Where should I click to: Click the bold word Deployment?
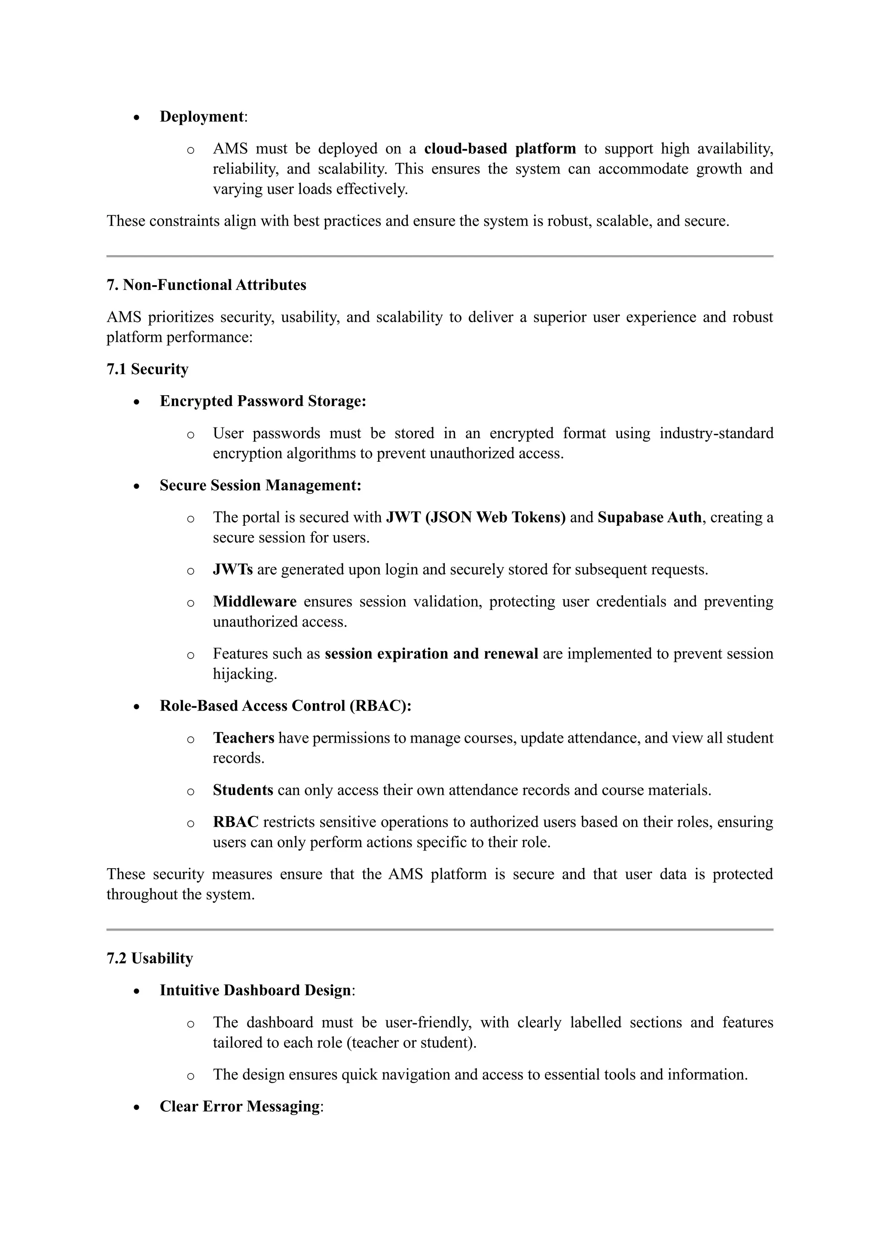pyautogui.click(x=202, y=116)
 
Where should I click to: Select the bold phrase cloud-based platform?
pyautogui.click(x=500, y=149)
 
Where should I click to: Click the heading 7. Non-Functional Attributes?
pyautogui.click(x=206, y=285)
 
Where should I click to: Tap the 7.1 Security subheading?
pyautogui.click(x=147, y=369)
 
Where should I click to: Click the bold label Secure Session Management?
pyautogui.click(x=260, y=485)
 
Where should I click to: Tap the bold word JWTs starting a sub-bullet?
pyautogui.click(x=232, y=570)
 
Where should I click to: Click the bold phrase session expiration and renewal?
pyautogui.click(x=431, y=653)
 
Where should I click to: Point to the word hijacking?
pyautogui.click(x=244, y=674)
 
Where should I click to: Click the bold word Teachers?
pyautogui.click(x=243, y=738)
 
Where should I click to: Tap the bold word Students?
pyautogui.click(x=243, y=790)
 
